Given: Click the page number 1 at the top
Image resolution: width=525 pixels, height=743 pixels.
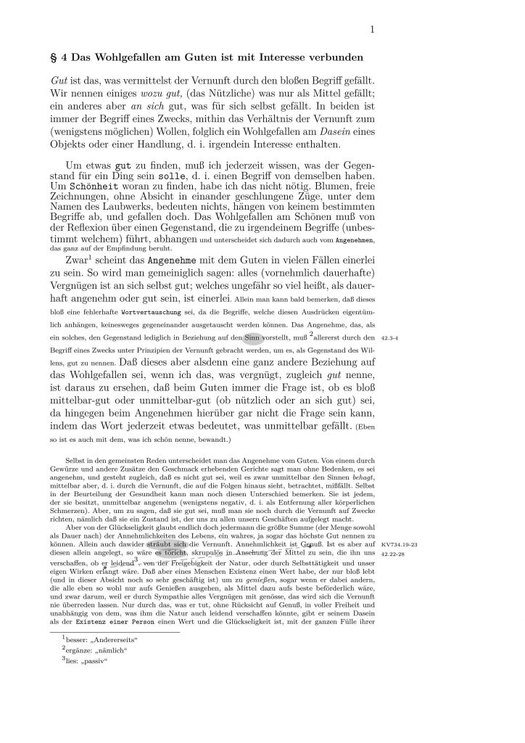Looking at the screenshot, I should [x=371, y=29].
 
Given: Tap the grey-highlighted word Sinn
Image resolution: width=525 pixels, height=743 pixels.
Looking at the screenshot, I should [x=252, y=337].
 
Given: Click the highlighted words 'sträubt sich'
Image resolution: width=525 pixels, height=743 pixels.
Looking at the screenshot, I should [x=167, y=543].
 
